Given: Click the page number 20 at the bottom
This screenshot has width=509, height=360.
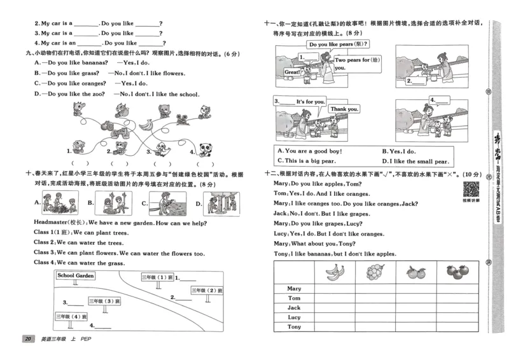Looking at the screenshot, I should pyautogui.click(x=27, y=338).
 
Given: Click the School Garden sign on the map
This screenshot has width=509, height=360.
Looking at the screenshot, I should pyautogui.click(x=76, y=275).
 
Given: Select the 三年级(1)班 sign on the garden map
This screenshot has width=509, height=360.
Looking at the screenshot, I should pyautogui.click(x=157, y=277).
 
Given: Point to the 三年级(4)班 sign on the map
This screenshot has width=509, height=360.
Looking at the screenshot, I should pyautogui.click(x=71, y=316).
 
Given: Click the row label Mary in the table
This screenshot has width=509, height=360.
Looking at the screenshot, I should pyautogui.click(x=294, y=288).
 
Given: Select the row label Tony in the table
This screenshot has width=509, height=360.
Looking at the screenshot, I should pyautogui.click(x=294, y=326).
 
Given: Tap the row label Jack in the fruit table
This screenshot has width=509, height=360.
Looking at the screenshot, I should pyautogui.click(x=294, y=307).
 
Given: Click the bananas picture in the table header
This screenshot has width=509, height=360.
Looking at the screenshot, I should pyautogui.click(x=335, y=272).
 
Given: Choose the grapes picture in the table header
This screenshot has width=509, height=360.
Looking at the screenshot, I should pyautogui.click(x=375, y=272).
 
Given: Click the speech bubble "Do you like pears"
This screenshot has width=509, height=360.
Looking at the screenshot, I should pyautogui.click(x=338, y=45).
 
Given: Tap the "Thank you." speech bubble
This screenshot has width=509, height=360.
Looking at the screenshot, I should pyautogui.click(x=344, y=109).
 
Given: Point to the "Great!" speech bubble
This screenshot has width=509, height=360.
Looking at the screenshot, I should pyautogui.click(x=292, y=73).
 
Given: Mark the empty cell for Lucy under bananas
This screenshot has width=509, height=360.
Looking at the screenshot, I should pyautogui.click(x=335, y=317).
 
